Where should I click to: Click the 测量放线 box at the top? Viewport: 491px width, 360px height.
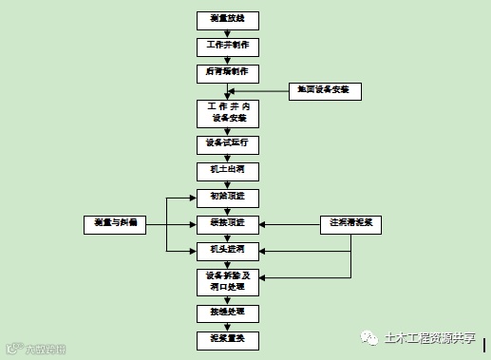click(x=227, y=19)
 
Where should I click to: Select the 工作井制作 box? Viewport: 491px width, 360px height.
click(x=227, y=46)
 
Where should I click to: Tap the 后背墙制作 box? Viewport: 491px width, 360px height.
click(x=227, y=72)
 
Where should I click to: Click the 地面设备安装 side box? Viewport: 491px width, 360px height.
click(x=325, y=90)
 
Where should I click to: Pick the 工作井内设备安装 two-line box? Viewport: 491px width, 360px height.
click(x=227, y=112)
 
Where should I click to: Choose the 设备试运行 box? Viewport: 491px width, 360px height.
click(x=227, y=142)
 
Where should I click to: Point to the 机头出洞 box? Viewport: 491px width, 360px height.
click(x=227, y=169)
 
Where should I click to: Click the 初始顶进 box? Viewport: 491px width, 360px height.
click(x=227, y=197)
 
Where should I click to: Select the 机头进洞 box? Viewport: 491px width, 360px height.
click(x=227, y=250)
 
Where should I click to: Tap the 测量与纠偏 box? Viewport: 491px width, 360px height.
click(x=117, y=223)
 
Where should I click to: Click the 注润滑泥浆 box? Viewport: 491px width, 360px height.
click(x=350, y=223)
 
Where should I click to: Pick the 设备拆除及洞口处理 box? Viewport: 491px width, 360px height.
click(x=227, y=281)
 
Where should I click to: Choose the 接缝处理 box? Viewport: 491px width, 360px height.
click(x=227, y=311)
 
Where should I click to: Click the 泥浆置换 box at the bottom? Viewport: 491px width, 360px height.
click(x=227, y=337)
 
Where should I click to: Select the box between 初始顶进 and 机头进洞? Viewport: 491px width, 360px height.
click(x=227, y=223)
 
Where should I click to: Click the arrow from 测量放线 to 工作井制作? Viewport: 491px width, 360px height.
click(x=227, y=32)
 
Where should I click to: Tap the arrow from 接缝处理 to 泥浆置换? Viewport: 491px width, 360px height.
click(x=227, y=324)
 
